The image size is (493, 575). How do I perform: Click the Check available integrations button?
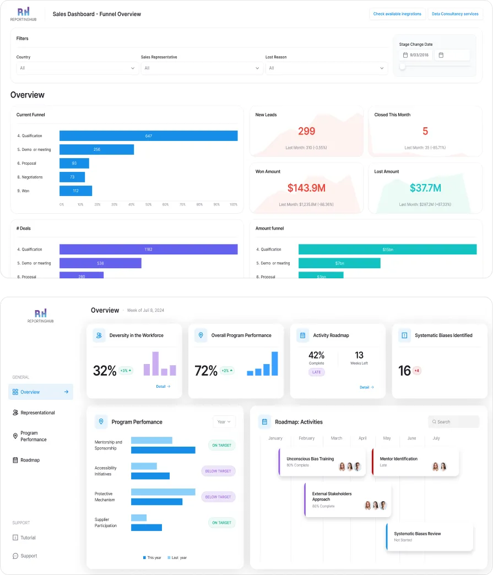point(397,14)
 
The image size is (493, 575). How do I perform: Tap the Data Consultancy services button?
point(455,14)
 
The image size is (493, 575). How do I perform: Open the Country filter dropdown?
point(77,68)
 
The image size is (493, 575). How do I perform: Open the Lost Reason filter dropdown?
point(326,68)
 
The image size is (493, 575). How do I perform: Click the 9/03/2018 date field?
point(416,55)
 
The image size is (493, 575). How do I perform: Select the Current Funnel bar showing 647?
point(148,136)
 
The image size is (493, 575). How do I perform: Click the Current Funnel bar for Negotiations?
point(72,177)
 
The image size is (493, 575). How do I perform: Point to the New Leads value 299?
point(306,131)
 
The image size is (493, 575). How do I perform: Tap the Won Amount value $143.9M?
point(306,188)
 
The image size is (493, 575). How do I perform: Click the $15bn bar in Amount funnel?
point(387,249)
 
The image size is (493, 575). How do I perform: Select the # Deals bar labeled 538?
point(100,263)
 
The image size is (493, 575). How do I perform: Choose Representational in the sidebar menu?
point(37,413)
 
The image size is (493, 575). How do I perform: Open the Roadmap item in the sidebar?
point(30,460)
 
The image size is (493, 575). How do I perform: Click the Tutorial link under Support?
point(28,538)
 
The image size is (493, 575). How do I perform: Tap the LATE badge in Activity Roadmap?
point(317,372)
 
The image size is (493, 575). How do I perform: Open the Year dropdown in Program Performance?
point(224,422)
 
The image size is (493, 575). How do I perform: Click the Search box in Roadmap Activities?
point(454,422)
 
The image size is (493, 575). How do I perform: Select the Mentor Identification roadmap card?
point(416,462)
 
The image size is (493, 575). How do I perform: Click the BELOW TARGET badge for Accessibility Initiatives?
point(218,471)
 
